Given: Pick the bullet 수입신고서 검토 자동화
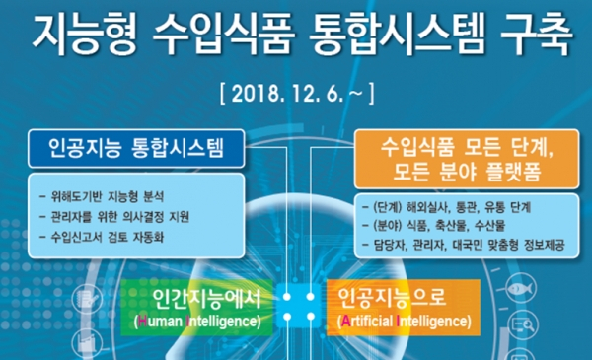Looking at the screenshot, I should tap(108, 237).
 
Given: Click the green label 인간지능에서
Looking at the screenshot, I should tap(201, 297).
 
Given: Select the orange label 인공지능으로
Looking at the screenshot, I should tap(389, 297).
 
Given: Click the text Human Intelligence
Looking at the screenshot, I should tap(195, 322).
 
